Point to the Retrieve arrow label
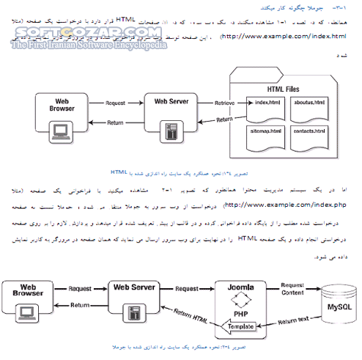point(224,103)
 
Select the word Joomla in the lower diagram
point(240,288)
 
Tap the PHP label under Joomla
point(240,311)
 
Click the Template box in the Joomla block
point(240,326)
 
